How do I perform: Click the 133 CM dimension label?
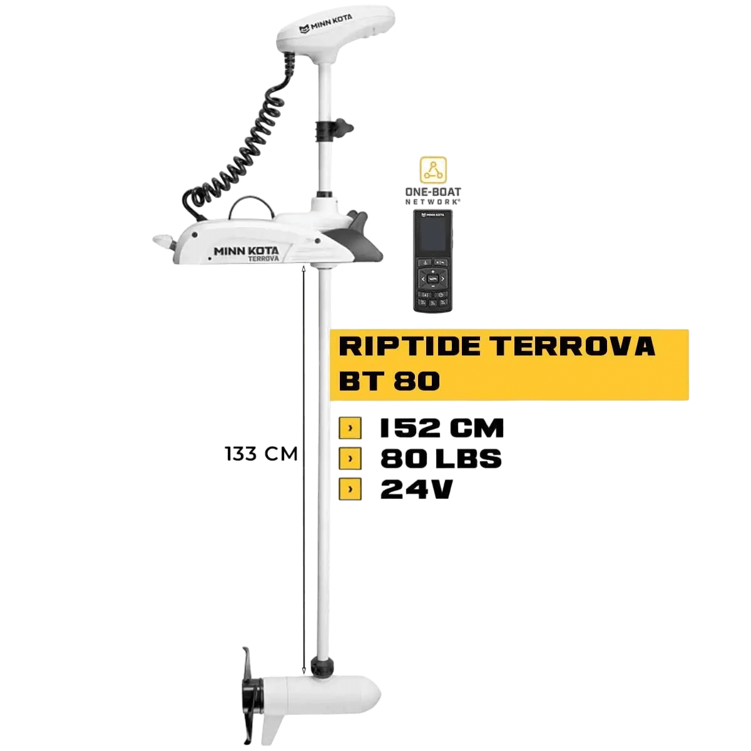tap(260, 453)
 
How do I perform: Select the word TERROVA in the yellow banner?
tap(572, 346)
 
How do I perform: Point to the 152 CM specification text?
tap(441, 429)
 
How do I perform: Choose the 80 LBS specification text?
tap(441, 459)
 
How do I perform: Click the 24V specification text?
tap(416, 489)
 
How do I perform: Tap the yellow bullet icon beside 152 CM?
tap(350, 429)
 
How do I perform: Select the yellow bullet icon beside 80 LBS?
tap(350, 459)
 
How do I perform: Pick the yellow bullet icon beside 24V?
tap(350, 489)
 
